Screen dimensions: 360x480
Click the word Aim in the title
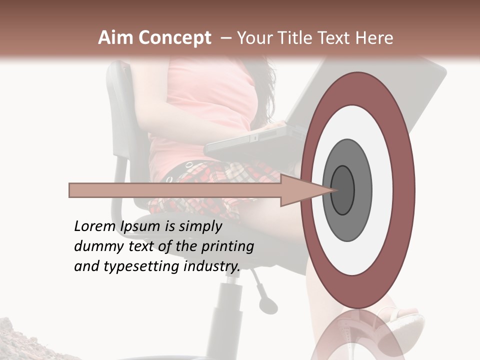(x=115, y=38)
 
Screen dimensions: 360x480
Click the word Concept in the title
(x=174, y=38)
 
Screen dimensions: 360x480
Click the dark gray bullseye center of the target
(x=343, y=190)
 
